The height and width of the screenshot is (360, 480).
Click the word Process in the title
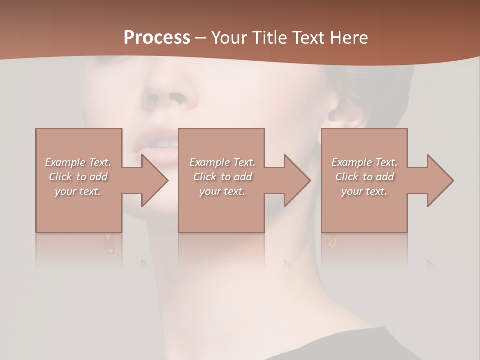[157, 38]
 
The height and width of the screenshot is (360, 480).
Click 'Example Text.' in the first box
[78, 162]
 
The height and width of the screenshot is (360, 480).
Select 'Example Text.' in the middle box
[222, 162]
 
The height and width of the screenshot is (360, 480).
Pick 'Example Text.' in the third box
[364, 162]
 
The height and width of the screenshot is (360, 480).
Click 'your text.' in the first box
[78, 191]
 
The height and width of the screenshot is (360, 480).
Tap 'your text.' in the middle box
[222, 191]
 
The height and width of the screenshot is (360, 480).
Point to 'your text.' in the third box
[364, 191]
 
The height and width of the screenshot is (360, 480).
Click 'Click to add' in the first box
[78, 177]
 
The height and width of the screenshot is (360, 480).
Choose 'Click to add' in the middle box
[222, 177]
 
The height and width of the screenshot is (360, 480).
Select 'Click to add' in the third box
[364, 177]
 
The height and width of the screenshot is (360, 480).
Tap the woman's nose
[167, 90]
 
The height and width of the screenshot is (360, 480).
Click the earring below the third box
[331, 241]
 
